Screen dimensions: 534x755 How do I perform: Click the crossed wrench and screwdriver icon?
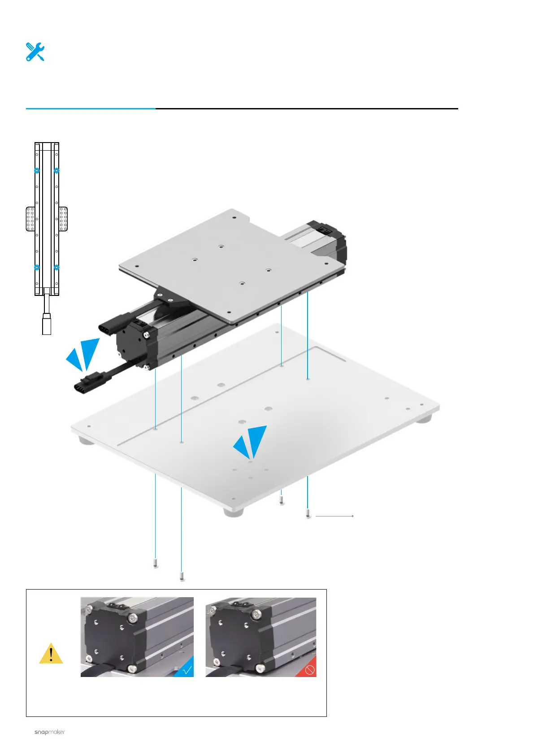35,52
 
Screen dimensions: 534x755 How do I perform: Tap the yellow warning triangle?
51,654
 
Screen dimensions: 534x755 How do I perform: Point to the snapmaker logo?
50,732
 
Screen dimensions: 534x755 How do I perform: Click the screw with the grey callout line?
308,513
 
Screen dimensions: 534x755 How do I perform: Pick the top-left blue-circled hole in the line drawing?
37,170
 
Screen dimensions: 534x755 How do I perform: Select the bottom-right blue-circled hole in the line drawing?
56,267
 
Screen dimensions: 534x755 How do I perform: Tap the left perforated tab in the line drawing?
30,219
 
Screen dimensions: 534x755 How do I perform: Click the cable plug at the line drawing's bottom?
47,324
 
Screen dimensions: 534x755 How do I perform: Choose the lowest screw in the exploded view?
182,576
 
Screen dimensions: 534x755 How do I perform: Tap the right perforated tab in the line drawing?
63,219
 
